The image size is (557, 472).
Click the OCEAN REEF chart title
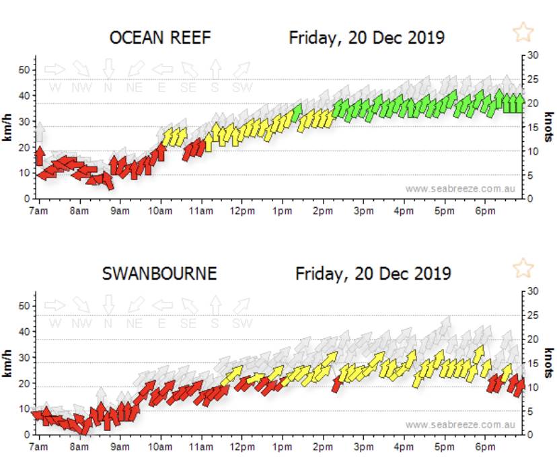[x=160, y=38]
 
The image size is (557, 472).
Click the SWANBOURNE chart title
[x=159, y=274]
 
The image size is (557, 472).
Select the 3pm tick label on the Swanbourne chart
[x=363, y=446]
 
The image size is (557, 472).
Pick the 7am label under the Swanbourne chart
[x=39, y=446]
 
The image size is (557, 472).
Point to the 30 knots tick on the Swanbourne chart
[x=533, y=291]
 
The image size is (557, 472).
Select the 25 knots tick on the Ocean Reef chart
[x=533, y=79]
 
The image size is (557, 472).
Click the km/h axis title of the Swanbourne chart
[x=9, y=363]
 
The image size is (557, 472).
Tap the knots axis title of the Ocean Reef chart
[x=549, y=127]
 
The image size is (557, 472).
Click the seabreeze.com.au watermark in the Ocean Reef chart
[x=460, y=189]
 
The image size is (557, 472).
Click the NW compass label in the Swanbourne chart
[x=81, y=323]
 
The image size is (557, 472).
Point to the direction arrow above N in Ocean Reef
[x=108, y=69]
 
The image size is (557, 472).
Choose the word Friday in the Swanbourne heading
[x=318, y=274]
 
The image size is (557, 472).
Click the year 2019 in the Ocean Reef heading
[x=424, y=38]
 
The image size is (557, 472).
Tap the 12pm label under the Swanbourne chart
[x=242, y=446]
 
